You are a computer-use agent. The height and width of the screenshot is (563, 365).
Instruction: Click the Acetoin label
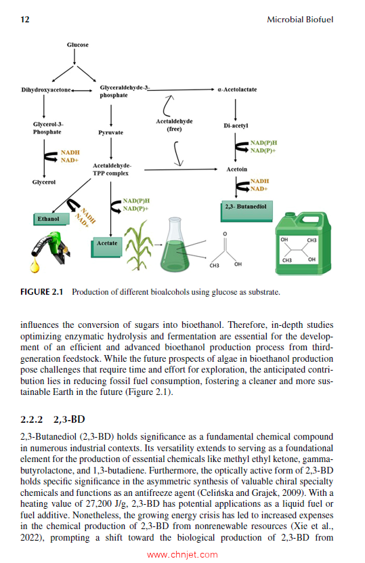point(236,169)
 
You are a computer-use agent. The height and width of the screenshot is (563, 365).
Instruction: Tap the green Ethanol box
point(48,219)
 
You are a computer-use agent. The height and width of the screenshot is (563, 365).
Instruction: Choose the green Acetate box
point(106,243)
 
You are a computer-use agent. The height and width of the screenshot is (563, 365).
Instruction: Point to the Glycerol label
point(43,182)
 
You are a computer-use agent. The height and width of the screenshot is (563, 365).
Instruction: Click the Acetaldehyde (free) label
point(174,125)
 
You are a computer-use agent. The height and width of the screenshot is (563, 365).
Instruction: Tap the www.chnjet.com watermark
point(182,554)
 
